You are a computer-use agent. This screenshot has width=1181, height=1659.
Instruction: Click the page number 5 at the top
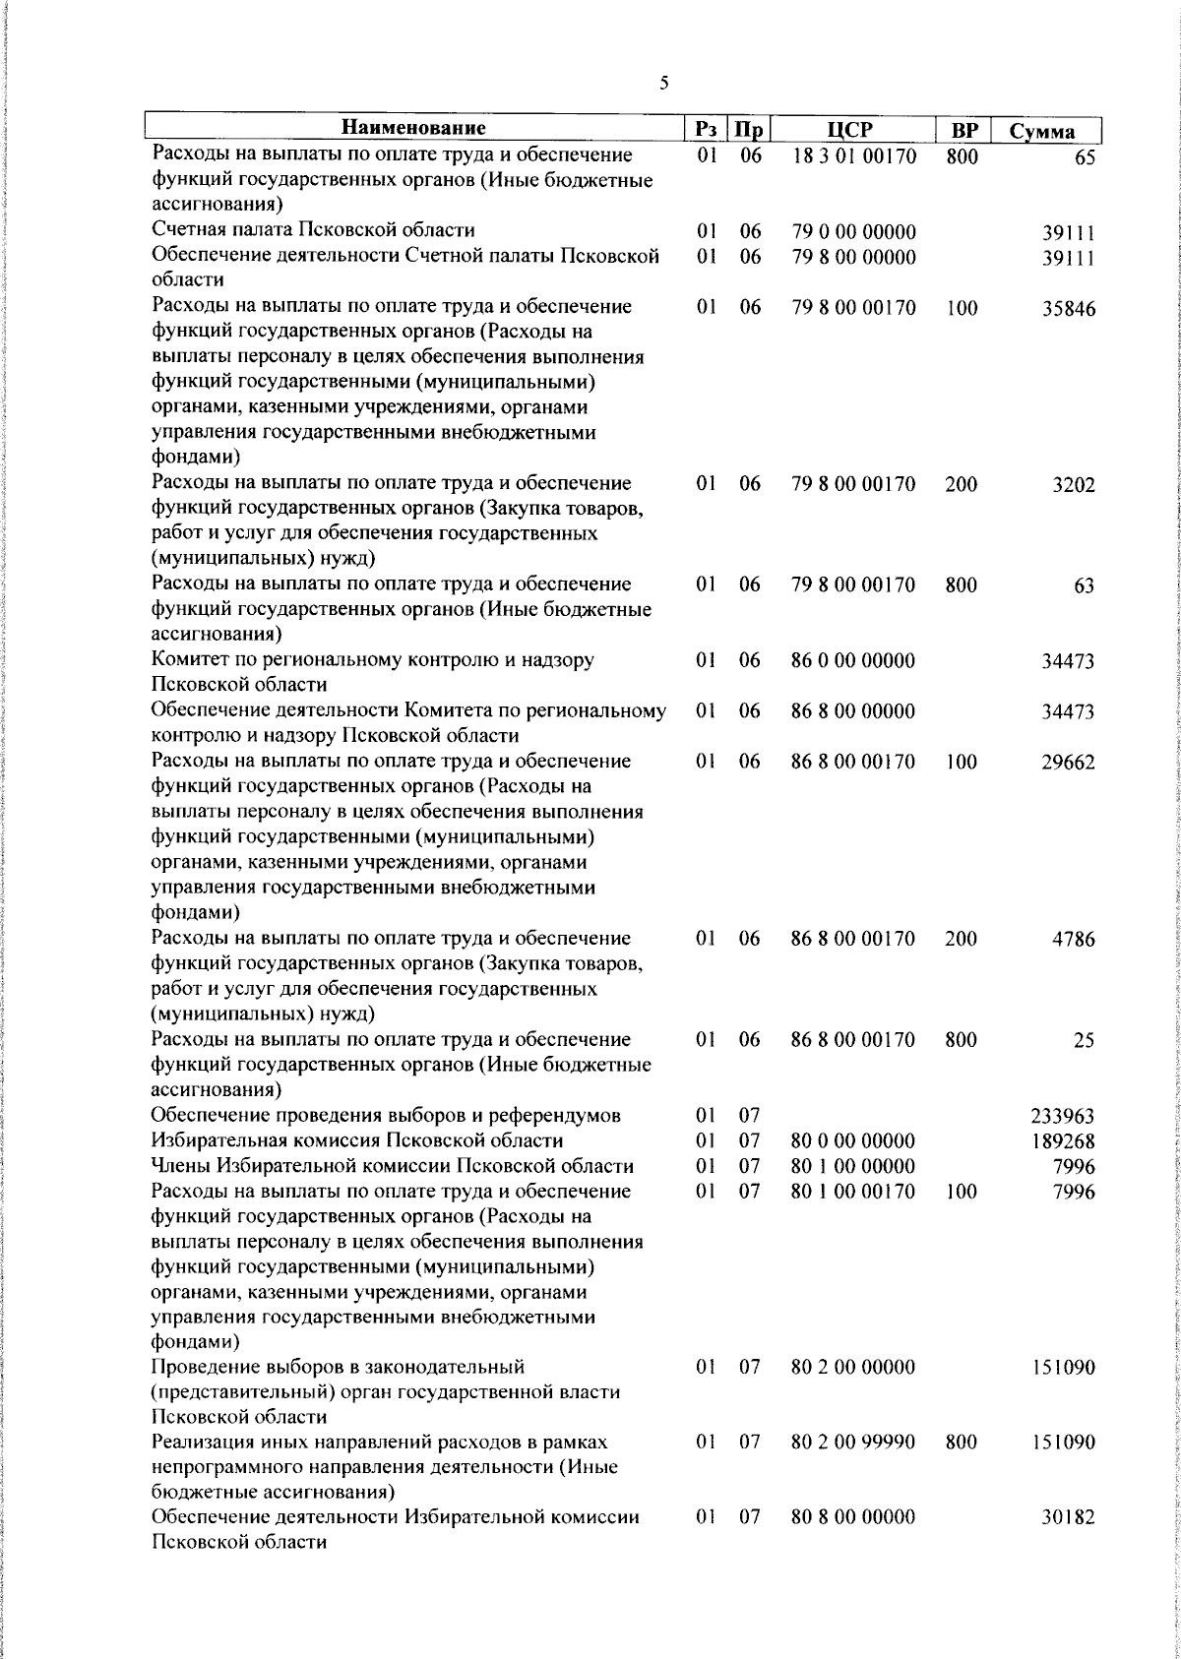coord(664,84)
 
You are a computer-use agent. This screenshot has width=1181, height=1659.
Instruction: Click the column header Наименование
coord(414,129)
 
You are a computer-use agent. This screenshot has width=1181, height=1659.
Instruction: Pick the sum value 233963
coord(1062,1117)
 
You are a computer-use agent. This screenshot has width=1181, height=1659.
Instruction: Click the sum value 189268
coord(1062,1141)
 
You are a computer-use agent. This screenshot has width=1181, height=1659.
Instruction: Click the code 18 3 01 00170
coord(854,156)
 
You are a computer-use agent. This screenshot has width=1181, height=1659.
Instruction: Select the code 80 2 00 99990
coord(853,1443)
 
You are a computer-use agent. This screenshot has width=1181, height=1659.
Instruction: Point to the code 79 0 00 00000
coord(853,232)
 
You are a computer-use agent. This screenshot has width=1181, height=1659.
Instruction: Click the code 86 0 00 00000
coord(853,661)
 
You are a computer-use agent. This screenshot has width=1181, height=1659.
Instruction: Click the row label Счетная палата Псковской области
coord(313,231)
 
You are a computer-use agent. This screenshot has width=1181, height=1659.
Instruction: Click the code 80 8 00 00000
coord(853,1545)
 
